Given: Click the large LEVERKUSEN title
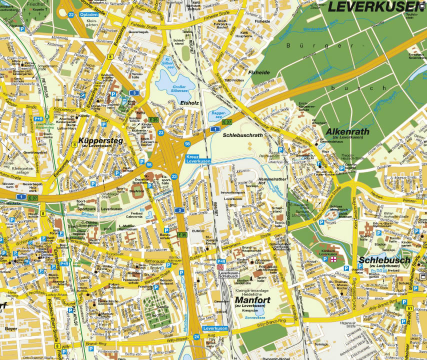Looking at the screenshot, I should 374,6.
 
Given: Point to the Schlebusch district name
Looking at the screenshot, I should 384,260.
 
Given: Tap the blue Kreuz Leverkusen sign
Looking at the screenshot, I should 198,159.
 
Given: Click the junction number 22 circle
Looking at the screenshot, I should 71,14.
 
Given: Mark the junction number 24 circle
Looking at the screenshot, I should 196,337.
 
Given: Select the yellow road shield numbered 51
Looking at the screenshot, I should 409,309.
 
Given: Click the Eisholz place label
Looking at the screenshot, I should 189,103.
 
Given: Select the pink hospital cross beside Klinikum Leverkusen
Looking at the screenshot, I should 333,260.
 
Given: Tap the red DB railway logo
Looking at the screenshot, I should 220,266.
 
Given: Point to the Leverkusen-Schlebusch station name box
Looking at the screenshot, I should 229,274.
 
